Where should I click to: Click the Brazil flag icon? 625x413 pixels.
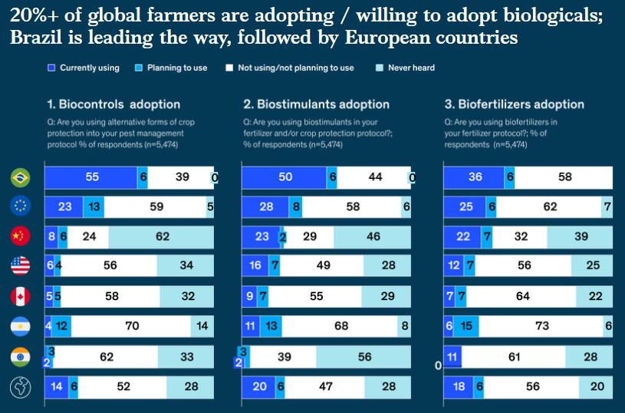pyautogui.click(x=19, y=177)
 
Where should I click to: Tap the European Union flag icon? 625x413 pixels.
pyautogui.click(x=19, y=206)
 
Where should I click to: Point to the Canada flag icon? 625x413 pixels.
pyautogui.click(x=19, y=296)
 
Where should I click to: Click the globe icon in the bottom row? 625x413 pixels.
pyautogui.click(x=19, y=387)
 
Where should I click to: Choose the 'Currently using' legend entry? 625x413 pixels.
pyautogui.click(x=84, y=68)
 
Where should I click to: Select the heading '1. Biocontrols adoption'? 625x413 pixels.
pyautogui.click(x=113, y=104)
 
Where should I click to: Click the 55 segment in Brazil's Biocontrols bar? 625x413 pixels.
pyautogui.click(x=91, y=177)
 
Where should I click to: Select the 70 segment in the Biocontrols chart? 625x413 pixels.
pyautogui.click(x=132, y=326)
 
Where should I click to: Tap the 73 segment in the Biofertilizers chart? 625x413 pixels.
pyautogui.click(x=541, y=326)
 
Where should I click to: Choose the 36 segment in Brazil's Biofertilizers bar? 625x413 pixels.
pyautogui.click(x=475, y=177)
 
